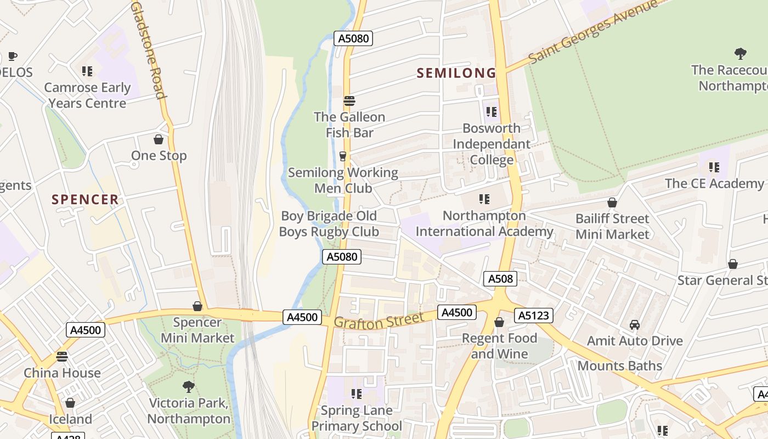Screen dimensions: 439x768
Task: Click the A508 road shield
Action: coord(500,279)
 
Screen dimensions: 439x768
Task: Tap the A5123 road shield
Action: coord(534,316)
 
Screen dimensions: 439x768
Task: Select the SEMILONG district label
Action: coord(456,73)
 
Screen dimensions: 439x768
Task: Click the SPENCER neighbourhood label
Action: coord(85,199)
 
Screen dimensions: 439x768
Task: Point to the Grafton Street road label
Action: coord(379,321)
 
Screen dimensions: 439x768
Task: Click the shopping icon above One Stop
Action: coord(159,140)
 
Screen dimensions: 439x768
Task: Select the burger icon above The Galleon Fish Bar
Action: coord(349,101)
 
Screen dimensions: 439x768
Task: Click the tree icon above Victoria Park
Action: coord(189,387)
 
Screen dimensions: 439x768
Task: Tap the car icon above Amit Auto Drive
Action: coord(635,325)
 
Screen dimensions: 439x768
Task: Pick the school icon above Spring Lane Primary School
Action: coord(357,394)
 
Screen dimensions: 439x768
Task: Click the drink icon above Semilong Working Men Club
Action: coord(343,156)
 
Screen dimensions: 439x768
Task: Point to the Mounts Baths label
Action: coord(619,365)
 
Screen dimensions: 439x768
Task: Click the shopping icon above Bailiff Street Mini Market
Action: coord(612,202)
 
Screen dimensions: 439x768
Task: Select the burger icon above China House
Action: coord(62,357)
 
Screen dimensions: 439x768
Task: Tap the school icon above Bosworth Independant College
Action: coord(492,112)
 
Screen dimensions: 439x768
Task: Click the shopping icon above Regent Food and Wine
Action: coord(499,322)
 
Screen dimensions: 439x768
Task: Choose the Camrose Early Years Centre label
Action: coord(87,95)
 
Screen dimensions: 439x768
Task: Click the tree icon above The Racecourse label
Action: coord(741,54)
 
